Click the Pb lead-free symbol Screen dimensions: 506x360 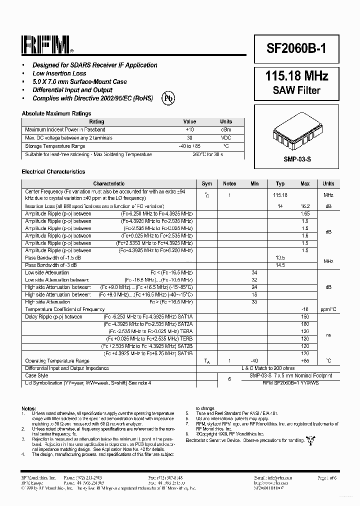168,98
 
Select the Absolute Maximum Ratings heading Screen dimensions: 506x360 56,113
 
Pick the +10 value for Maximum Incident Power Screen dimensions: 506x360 189,129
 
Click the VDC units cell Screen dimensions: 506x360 226,138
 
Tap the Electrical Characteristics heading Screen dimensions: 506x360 53,172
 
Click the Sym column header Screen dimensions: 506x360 207,184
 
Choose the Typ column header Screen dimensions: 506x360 280,184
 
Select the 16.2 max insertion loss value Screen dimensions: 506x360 305,206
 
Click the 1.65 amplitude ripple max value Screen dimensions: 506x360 305,213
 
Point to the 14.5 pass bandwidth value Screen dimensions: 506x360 280,265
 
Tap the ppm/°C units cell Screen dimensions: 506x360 328,309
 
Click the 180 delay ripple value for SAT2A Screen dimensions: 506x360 305,324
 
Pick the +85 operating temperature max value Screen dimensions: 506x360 305,360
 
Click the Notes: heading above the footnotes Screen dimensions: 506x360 29,408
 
